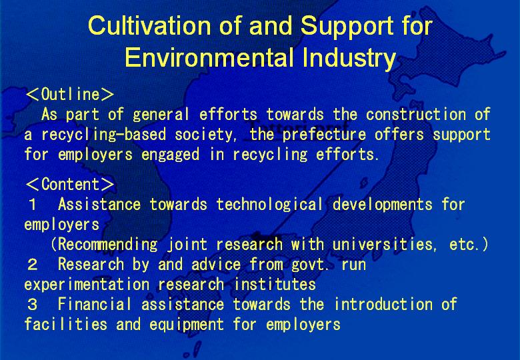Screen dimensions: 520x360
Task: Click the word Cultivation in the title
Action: click(x=149, y=25)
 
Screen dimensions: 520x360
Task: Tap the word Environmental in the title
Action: click(x=209, y=57)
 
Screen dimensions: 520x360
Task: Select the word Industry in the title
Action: click(x=349, y=59)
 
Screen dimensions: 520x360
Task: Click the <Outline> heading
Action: click(x=69, y=94)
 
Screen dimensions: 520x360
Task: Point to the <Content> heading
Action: click(x=69, y=184)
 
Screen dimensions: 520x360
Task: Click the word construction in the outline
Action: click(x=416, y=115)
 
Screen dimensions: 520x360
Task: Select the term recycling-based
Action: click(x=103, y=135)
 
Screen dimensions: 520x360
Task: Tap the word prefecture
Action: click(x=325, y=135)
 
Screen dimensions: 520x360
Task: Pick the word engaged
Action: click(x=171, y=155)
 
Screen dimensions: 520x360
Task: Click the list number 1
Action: click(x=33, y=205)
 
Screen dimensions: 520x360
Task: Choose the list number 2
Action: click(x=33, y=265)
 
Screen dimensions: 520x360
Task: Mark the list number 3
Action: click(x=33, y=305)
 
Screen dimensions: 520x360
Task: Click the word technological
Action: click(x=269, y=205)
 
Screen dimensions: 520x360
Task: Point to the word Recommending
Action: click(x=108, y=245)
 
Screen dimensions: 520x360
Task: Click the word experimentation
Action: click(x=87, y=285)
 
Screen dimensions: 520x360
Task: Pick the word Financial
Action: click(x=95, y=304)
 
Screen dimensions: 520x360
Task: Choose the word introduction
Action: click(x=383, y=304)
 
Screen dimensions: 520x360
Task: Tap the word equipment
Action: click(x=187, y=325)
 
